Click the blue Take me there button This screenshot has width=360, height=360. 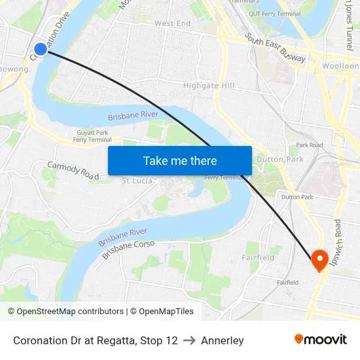tap(180, 160)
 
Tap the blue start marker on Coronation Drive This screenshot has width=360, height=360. tap(41, 49)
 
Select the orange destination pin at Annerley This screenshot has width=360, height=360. tap(320, 261)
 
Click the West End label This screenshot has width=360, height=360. tap(172, 24)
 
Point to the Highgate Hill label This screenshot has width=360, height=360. tap(209, 86)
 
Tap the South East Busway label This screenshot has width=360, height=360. tap(276, 48)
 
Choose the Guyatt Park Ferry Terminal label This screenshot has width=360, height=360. tap(92, 136)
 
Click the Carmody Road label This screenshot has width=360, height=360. tap(73, 170)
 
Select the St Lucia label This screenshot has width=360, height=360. tap(137, 181)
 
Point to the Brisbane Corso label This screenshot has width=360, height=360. tap(128, 249)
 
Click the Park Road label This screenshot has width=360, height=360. tap(309, 145)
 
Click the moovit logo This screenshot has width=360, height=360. tap(320, 340)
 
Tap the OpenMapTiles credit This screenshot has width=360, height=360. tap(161, 312)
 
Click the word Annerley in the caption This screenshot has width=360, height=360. tap(223, 340)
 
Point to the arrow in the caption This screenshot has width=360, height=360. tap(189, 340)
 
